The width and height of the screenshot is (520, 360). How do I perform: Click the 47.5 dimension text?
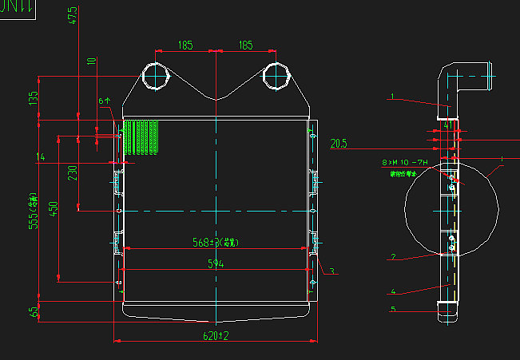click(73, 17)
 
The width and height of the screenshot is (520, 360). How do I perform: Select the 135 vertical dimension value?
click(34, 98)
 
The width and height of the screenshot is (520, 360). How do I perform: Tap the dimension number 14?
click(40, 157)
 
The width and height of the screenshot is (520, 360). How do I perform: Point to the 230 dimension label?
click(73, 173)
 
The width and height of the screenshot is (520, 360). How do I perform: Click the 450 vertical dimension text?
click(54, 209)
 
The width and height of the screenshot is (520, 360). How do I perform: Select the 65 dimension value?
click(34, 311)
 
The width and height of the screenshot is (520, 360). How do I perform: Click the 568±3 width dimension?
click(216, 243)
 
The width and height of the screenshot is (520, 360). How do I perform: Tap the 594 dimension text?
click(216, 263)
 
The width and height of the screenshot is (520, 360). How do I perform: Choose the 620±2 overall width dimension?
click(216, 336)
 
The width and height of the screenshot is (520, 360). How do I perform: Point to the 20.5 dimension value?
click(339, 144)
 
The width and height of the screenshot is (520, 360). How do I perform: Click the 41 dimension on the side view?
click(448, 126)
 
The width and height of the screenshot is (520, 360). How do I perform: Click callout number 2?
click(393, 257)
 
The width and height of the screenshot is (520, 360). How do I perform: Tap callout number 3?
click(331, 271)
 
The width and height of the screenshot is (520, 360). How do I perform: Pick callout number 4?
click(393, 291)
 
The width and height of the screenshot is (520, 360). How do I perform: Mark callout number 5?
click(393, 310)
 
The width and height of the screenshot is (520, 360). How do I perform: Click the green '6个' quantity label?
click(104, 101)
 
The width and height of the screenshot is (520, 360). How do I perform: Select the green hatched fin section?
click(141, 136)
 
